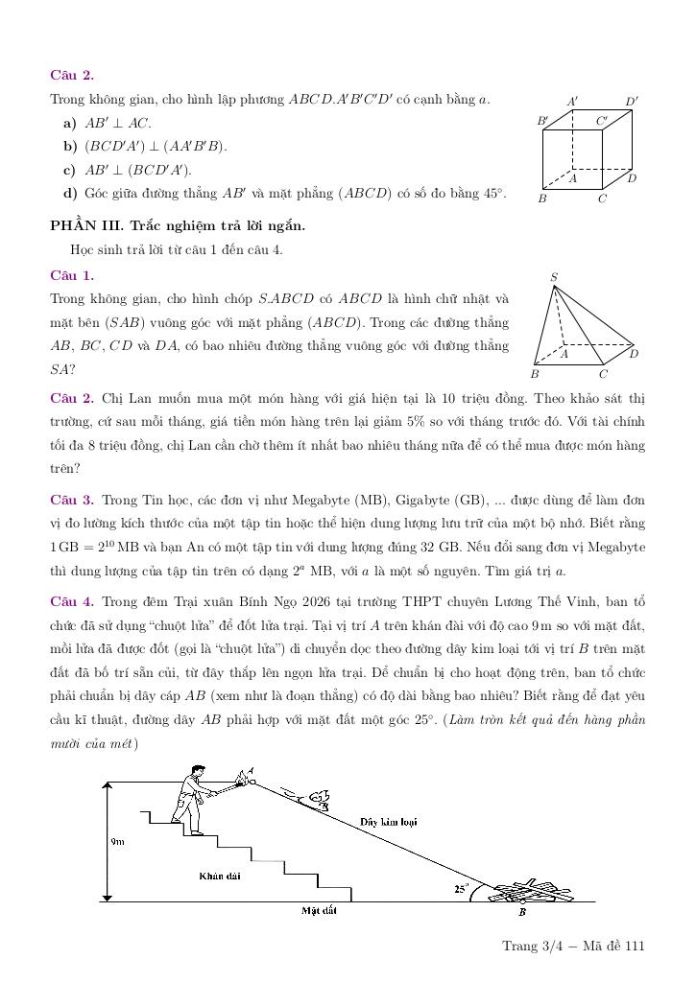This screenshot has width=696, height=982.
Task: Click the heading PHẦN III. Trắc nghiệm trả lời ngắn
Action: pos(178,226)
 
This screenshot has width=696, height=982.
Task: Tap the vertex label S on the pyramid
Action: pos(554,278)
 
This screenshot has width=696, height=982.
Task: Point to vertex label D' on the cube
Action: pos(632,101)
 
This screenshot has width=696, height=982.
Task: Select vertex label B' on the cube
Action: pos(542,122)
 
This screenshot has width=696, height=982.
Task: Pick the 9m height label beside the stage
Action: pos(118,841)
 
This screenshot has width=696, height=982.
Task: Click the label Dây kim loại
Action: pos(388,822)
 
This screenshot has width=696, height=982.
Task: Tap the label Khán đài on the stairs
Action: pos(219,876)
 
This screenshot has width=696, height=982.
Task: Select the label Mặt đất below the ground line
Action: pos(318,910)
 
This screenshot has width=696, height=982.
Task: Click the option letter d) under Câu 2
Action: pos(69,194)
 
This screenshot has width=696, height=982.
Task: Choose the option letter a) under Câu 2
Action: pos(69,123)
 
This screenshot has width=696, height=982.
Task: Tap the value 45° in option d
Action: pos(493,194)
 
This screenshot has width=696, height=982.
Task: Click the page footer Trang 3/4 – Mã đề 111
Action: pos(573,947)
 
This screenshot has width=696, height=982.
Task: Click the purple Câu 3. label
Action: pos(72,500)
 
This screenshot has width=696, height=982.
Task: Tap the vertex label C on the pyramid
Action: pos(603,374)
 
